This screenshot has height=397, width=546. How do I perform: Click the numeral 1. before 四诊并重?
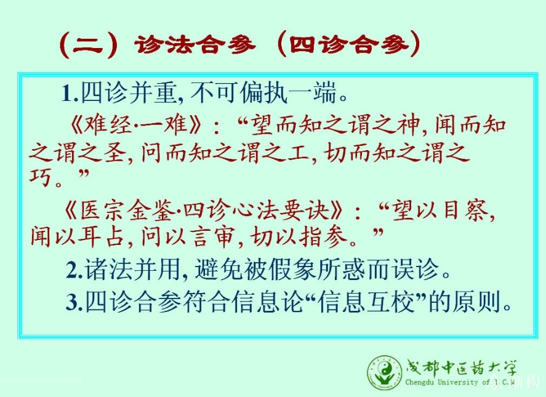click(x=70, y=94)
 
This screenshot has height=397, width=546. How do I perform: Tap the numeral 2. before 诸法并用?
click(x=74, y=271)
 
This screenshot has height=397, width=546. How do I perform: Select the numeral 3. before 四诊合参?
click(x=74, y=303)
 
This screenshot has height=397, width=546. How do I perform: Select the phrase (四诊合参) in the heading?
click(x=348, y=44)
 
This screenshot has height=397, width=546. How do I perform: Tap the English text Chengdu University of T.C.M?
click(x=460, y=382)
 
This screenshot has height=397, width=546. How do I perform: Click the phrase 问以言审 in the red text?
click(x=187, y=237)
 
